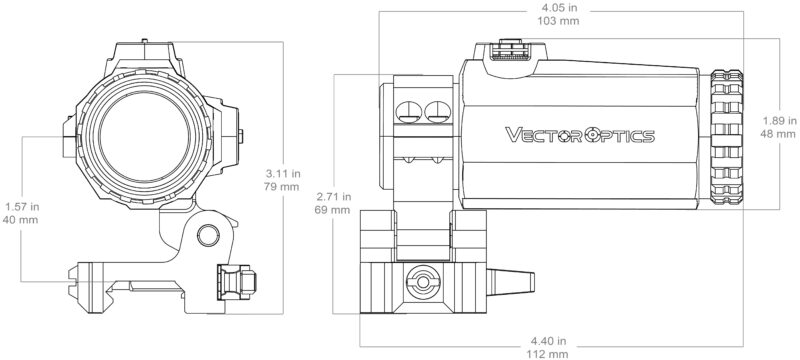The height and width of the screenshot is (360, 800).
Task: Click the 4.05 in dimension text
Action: (x=559, y=9)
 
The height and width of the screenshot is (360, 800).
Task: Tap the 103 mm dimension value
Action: (x=559, y=21)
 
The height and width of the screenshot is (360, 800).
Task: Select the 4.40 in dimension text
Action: (x=548, y=341)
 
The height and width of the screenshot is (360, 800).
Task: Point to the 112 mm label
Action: (x=548, y=354)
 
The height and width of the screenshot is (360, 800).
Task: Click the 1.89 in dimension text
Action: (x=780, y=121)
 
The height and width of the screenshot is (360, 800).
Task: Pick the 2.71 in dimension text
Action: (x=334, y=196)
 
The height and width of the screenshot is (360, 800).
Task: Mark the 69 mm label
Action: (x=334, y=209)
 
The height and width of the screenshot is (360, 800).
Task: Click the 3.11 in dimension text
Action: (x=282, y=173)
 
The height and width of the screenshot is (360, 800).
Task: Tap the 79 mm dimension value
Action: (x=282, y=186)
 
